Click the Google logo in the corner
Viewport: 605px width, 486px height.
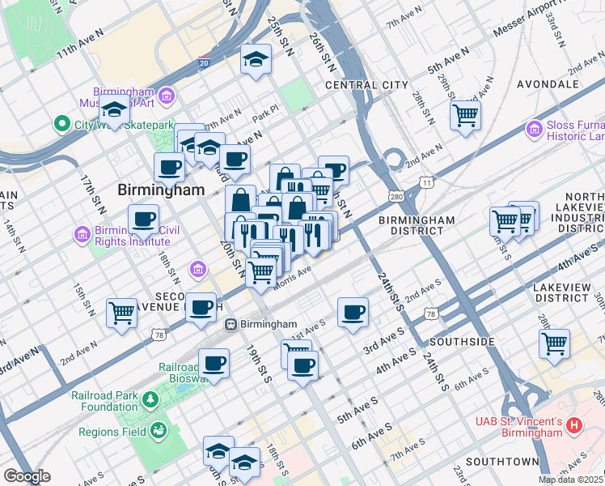click(26, 476)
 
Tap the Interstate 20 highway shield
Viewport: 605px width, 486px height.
click(202, 62)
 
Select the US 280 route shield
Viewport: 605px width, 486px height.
click(396, 196)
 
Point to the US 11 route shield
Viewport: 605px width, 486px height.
click(426, 184)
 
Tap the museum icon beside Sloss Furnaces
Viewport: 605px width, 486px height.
click(533, 129)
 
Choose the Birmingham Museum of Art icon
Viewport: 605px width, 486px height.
click(167, 96)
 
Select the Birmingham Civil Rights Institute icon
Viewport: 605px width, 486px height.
click(82, 235)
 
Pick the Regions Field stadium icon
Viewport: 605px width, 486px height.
click(159, 429)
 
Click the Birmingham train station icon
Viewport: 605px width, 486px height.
click(231, 324)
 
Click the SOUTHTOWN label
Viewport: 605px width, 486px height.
click(502, 462)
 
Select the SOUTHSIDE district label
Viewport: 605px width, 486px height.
click(462, 342)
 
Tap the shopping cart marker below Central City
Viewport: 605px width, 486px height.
click(465, 114)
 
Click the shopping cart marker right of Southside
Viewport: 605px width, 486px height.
click(554, 343)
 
